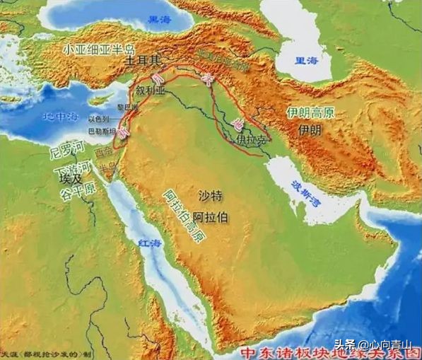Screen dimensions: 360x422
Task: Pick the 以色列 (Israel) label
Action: (99, 120)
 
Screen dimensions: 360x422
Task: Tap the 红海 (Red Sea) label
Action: (151, 243)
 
